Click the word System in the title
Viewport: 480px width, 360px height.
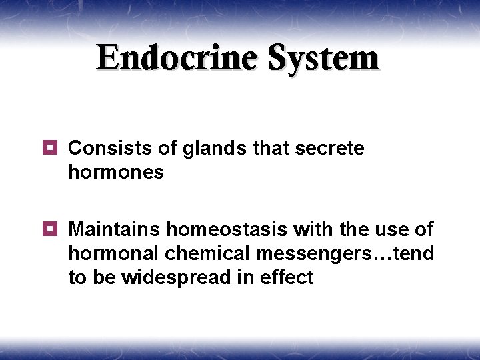(324, 58)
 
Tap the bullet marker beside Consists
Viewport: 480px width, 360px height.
(52, 147)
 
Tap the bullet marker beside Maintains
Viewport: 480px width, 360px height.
(52, 229)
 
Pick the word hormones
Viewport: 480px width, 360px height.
(116, 172)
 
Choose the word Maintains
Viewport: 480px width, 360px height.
(114, 230)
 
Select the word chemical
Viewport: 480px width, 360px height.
(203, 254)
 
